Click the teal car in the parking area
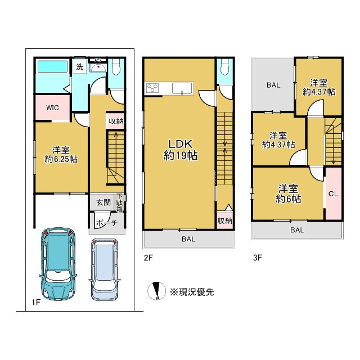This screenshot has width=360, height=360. [x=57, y=264]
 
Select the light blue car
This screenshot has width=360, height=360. [x=105, y=269]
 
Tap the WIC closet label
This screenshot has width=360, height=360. [x=52, y=107]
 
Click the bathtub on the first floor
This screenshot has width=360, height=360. [x=52, y=66]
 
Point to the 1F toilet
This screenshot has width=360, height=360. [x=116, y=66]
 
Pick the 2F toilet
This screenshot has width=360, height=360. [x=224, y=66]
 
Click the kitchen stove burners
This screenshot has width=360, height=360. [x=152, y=88]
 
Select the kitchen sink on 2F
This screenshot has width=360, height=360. [x=182, y=88]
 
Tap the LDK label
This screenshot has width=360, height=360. [x=181, y=144]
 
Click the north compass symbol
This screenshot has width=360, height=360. [x=156, y=291]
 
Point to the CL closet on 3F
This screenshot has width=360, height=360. [x=334, y=193]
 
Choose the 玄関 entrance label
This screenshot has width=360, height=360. [x=103, y=202]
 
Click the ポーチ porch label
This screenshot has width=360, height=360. [x=107, y=223]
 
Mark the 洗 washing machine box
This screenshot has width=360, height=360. [x=80, y=66]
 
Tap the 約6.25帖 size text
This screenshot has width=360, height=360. [x=61, y=159]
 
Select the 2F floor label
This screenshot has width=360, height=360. [x=148, y=258]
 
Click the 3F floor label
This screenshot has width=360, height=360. [x=258, y=258]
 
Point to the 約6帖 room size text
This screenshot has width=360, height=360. [x=289, y=199]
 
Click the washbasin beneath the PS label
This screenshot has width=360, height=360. [x=98, y=67]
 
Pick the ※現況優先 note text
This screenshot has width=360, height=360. [x=192, y=292]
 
